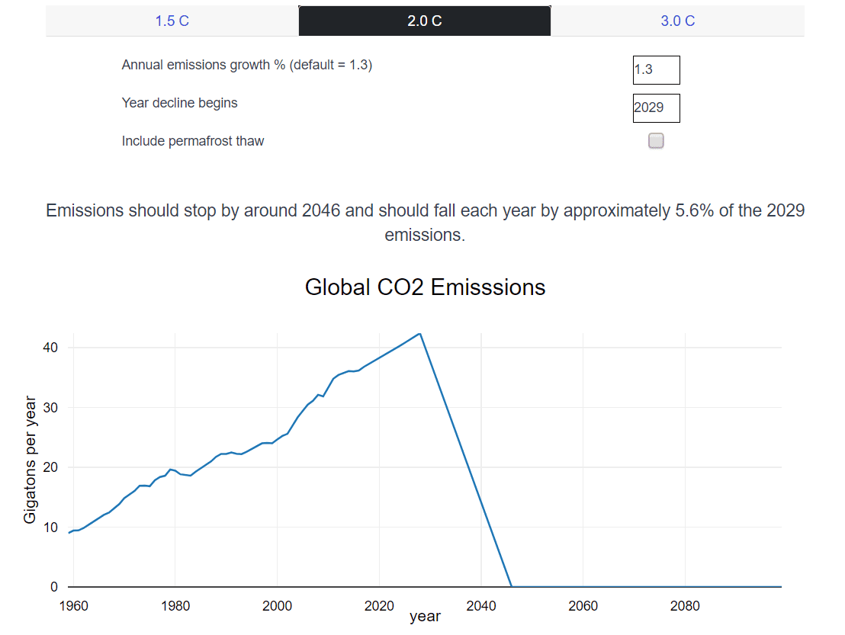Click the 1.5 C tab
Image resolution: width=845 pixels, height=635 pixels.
point(172,21)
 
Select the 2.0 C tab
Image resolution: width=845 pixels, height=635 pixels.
point(425,21)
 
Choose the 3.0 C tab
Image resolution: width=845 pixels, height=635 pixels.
point(677,21)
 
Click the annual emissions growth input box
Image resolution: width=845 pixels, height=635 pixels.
point(656,70)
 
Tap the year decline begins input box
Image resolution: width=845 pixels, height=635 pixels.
point(656,108)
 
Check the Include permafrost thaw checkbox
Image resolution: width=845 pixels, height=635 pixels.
point(656,141)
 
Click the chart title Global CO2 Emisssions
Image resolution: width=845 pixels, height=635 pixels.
point(425,287)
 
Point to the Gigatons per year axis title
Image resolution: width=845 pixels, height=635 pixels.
point(30,460)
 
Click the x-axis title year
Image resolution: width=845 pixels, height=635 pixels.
point(425,617)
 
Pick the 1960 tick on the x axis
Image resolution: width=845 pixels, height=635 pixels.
point(73,606)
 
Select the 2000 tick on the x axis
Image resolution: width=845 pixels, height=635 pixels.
point(277,606)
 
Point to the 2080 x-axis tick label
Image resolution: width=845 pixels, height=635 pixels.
point(684,606)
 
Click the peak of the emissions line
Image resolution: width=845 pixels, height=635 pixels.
point(419,334)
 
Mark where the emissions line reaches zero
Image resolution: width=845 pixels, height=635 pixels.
point(511,586)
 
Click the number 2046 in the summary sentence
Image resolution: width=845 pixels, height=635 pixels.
point(321,210)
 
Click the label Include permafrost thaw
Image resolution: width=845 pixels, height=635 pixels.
point(193,141)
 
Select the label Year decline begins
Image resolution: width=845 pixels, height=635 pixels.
point(179,103)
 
